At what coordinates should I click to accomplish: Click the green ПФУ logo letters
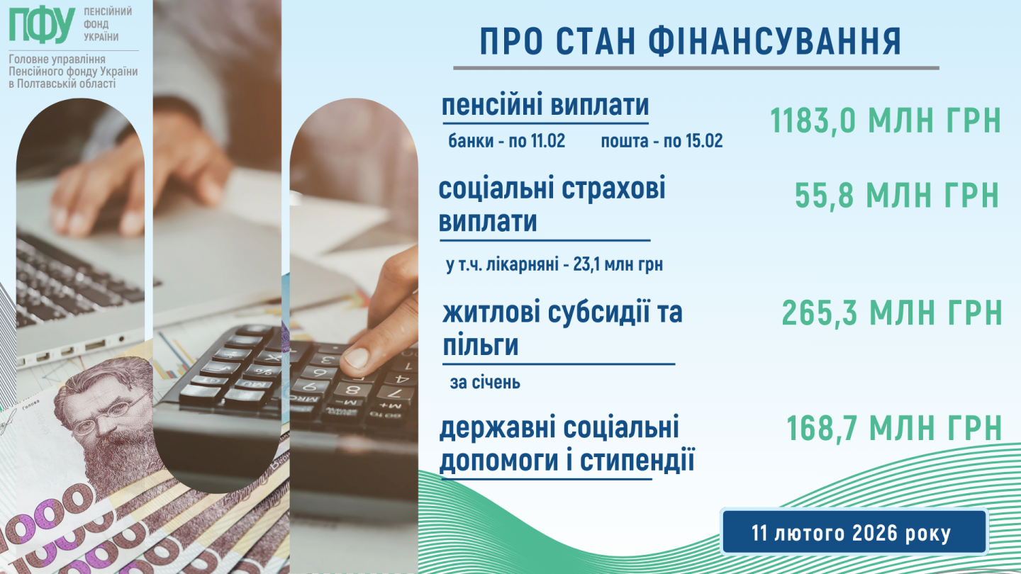[42, 25]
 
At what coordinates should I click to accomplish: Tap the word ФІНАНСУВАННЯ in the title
[775, 41]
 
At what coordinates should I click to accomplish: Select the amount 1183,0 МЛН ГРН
[885, 120]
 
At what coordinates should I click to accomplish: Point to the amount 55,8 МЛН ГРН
[897, 195]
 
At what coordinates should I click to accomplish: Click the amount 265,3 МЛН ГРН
[892, 313]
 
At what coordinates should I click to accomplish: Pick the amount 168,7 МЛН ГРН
[894, 428]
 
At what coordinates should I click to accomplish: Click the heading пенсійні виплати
[545, 105]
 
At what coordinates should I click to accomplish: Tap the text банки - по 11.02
[506, 141]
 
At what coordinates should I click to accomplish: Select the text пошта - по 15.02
[662, 141]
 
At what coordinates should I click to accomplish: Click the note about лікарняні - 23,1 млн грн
[554, 264]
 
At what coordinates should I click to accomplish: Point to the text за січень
[485, 383]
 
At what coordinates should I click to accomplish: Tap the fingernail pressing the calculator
[355, 357]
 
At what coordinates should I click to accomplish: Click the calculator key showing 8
[351, 390]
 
